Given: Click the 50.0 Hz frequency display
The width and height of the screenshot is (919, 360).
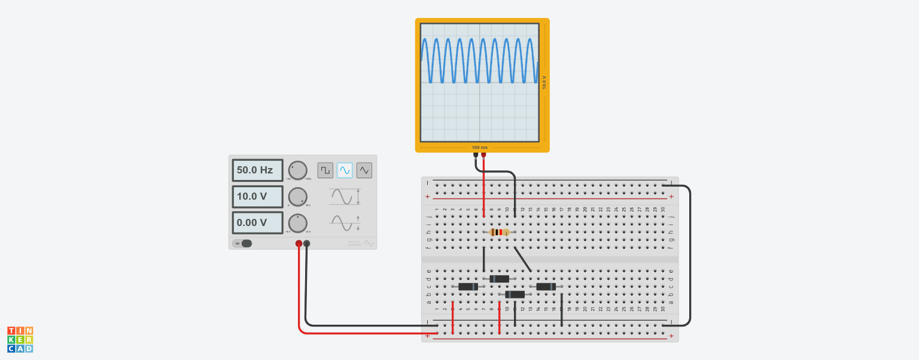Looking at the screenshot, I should click(x=257, y=170).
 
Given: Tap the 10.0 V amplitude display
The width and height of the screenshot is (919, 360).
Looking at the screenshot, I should click(x=257, y=196).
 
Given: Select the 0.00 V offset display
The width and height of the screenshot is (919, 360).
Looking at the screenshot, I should click(x=257, y=222).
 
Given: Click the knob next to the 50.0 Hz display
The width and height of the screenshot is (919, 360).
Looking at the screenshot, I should click(x=297, y=170).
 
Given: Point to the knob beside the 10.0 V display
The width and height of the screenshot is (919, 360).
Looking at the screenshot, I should click(x=297, y=196).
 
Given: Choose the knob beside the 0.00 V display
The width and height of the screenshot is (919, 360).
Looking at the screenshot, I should click(x=297, y=222).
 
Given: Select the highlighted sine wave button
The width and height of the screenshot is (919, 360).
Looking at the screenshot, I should click(x=345, y=170).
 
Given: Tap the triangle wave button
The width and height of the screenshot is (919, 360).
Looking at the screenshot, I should click(x=364, y=170).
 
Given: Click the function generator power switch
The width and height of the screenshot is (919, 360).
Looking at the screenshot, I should click(x=243, y=243).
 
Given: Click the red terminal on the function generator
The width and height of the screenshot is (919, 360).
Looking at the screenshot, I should click(x=299, y=243).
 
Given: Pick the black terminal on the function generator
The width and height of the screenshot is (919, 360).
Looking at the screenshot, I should click(x=307, y=243).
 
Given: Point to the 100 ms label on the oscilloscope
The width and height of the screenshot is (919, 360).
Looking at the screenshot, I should click(x=479, y=147).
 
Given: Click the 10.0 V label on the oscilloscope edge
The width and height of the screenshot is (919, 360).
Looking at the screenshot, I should click(x=544, y=83).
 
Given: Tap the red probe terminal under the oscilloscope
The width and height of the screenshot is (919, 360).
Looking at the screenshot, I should click(x=483, y=154).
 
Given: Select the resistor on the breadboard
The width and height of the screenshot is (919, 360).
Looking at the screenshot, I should click(x=499, y=232).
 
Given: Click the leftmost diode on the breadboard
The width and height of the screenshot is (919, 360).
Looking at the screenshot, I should click(x=468, y=286).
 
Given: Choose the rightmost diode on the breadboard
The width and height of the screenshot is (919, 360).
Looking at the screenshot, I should click(x=546, y=286).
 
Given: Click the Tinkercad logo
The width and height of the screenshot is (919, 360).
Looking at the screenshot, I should click(x=20, y=339).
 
